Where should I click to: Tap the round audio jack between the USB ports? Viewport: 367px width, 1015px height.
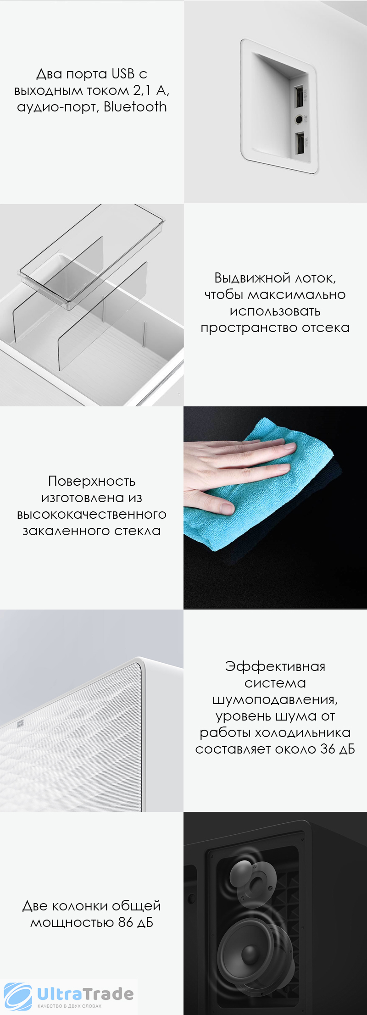(300, 120)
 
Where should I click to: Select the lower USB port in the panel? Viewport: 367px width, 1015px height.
(300, 144)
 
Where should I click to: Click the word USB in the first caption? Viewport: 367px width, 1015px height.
(123, 74)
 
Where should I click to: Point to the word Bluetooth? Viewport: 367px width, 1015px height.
(135, 107)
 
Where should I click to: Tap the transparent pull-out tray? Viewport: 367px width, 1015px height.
(92, 257)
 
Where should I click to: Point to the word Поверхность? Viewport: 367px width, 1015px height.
(92, 481)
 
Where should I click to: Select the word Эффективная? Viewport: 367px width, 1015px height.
(275, 666)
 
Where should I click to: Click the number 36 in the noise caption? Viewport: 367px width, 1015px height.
(328, 749)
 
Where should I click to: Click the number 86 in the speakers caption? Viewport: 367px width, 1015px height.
(125, 922)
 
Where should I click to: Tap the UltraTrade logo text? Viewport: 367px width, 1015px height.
(85, 994)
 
